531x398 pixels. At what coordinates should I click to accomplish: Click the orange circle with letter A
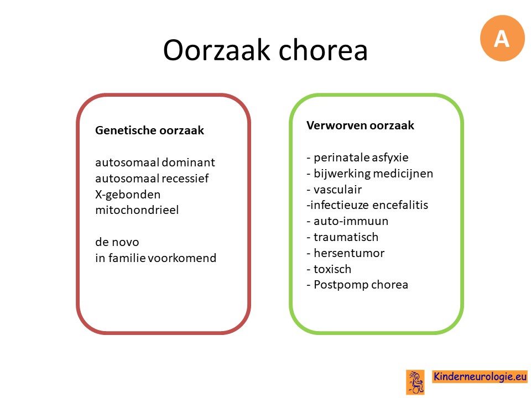click(x=502, y=38)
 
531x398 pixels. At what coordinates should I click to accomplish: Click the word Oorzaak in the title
click(x=216, y=50)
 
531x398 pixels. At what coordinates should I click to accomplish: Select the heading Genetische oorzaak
click(x=149, y=130)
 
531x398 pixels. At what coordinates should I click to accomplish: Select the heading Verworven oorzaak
click(x=360, y=125)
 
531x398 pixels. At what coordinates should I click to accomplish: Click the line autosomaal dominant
click(x=155, y=163)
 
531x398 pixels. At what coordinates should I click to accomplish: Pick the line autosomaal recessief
click(x=152, y=179)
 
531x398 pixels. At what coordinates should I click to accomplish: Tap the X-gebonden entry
click(x=128, y=195)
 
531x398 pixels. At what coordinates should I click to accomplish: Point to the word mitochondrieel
click(x=137, y=210)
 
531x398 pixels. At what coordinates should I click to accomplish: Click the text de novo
click(x=117, y=242)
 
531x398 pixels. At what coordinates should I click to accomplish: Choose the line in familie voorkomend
click(x=155, y=258)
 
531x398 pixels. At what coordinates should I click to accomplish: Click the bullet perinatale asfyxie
click(x=357, y=158)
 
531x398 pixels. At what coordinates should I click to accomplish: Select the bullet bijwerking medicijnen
click(x=369, y=174)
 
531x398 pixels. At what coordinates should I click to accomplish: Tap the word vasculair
click(x=337, y=190)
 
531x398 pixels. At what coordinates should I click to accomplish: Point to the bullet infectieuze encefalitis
click(x=367, y=205)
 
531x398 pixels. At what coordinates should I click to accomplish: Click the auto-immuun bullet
click(x=347, y=221)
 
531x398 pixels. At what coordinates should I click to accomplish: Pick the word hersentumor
click(x=349, y=253)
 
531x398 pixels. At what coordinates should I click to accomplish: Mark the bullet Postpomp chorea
click(x=357, y=285)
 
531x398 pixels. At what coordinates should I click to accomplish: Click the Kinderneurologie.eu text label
click(x=480, y=376)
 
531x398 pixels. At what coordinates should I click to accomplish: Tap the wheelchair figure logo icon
click(x=415, y=383)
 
